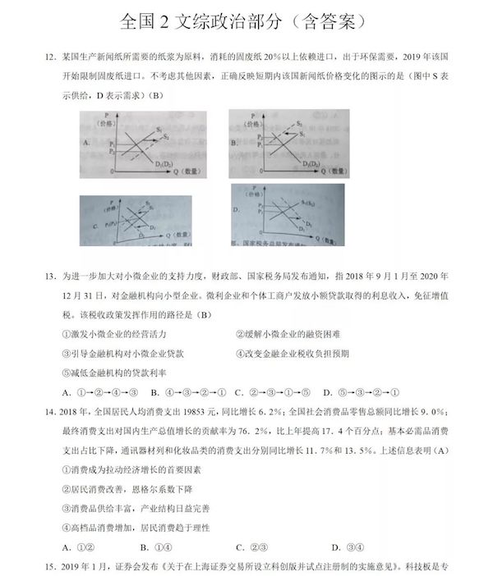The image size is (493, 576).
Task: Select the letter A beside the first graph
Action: pyautogui.click(x=85, y=142)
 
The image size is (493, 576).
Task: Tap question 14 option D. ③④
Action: pyautogui.click(x=344, y=546)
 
